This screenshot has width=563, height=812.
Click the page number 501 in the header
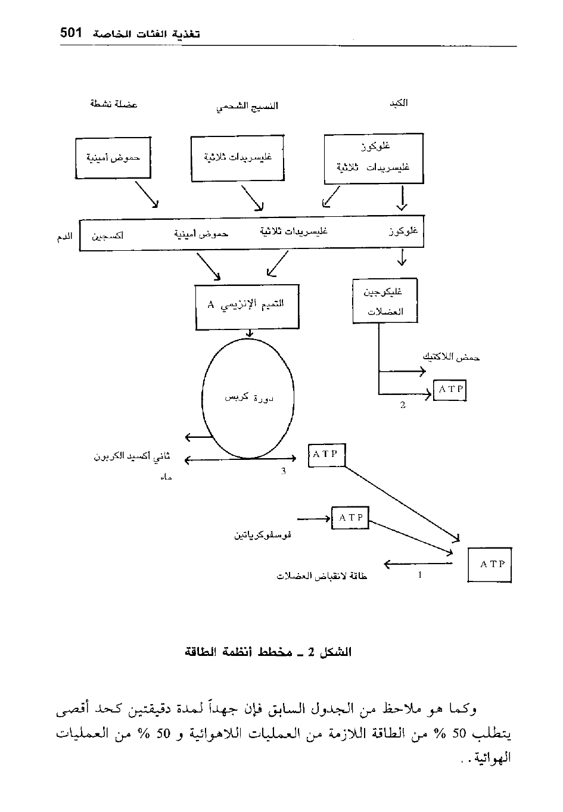[x=70, y=33]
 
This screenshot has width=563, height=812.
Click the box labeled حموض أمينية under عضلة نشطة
[x=113, y=158]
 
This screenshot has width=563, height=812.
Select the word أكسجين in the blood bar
[x=107, y=235]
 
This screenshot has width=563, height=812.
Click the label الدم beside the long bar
[x=64, y=237]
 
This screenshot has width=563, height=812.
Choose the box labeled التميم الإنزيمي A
[x=247, y=306]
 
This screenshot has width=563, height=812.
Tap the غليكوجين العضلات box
[x=383, y=301]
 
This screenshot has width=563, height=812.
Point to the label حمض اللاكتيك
[x=452, y=357]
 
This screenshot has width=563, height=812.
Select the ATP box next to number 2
[x=450, y=390]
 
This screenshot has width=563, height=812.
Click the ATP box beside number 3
[x=326, y=455]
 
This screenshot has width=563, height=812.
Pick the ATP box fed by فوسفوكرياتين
[x=350, y=518]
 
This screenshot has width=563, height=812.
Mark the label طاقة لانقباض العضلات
[x=322, y=576]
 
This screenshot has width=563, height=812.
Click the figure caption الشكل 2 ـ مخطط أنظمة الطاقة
[x=268, y=652]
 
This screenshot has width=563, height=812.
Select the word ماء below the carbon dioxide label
[x=166, y=478]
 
